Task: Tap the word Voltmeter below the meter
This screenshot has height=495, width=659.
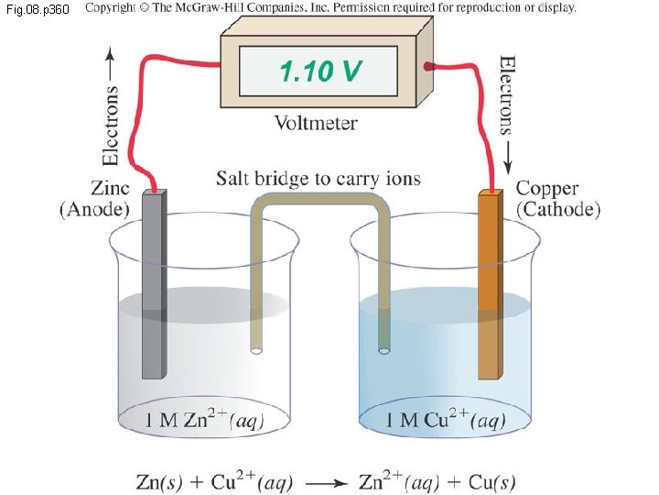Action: (x=317, y=122)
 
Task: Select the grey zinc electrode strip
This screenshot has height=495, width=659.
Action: (x=155, y=284)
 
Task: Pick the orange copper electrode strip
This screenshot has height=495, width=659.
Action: (x=491, y=284)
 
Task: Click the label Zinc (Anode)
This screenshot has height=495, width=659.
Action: (x=95, y=199)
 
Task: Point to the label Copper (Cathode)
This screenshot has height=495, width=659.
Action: (x=557, y=199)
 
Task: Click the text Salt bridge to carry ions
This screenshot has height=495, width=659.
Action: (x=319, y=178)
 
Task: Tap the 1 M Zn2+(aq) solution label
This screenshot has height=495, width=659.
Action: (x=206, y=421)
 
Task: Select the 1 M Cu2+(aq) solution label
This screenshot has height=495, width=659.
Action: (x=445, y=421)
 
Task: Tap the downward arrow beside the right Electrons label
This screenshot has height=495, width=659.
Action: (x=506, y=161)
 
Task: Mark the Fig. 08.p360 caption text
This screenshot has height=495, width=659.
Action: (x=36, y=8)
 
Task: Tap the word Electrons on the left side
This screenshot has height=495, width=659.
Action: (x=111, y=125)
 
